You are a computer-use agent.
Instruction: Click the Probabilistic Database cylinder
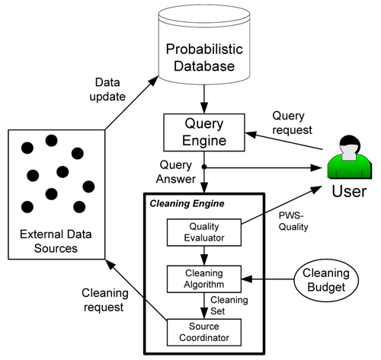click(204, 44)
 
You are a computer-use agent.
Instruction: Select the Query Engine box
click(204, 132)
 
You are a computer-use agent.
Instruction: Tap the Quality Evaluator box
click(204, 232)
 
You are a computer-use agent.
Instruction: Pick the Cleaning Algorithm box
click(204, 279)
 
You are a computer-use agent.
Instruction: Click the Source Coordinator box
click(204, 333)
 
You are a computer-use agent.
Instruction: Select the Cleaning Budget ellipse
click(326, 280)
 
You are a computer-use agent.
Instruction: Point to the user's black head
click(351, 142)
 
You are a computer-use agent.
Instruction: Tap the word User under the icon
click(349, 191)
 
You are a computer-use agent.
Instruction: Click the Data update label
click(107, 90)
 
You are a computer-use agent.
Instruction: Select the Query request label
click(292, 123)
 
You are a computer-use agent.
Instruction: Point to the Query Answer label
click(176, 172)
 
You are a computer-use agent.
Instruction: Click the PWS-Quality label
click(293, 221)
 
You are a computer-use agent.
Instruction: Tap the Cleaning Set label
click(229, 305)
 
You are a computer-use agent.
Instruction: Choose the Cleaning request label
click(105, 300)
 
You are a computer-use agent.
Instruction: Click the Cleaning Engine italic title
click(187, 203)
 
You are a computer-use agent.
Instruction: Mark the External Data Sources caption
click(56, 241)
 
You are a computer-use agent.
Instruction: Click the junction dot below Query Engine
click(204, 167)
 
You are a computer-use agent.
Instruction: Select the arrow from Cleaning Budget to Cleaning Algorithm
click(267, 279)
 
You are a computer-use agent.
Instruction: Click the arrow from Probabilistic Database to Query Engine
click(204, 99)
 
